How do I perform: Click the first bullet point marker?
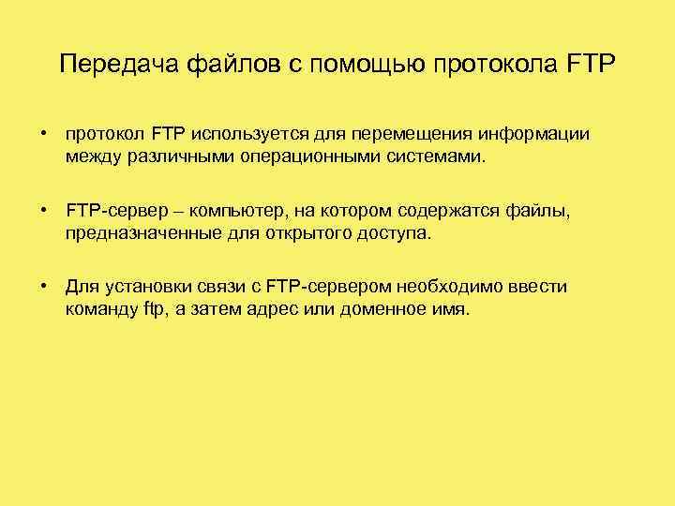click(x=44, y=135)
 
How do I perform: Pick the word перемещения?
click(x=412, y=134)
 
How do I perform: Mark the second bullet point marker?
click(x=44, y=211)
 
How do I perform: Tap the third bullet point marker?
click(x=44, y=287)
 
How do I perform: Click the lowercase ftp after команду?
click(x=153, y=308)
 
